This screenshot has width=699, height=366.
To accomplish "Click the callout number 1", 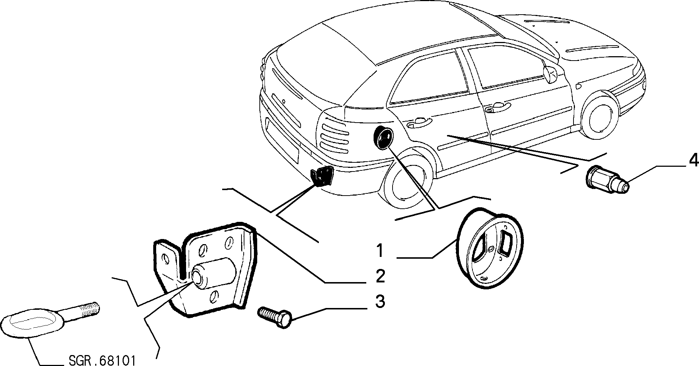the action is coord(380,251).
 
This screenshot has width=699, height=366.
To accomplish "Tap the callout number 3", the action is coord(380,302).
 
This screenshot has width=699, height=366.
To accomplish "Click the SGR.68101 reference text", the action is coord(102,361).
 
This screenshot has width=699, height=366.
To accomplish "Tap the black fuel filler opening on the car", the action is coord(383,138).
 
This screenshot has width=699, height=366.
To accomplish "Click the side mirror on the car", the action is coord(549,73).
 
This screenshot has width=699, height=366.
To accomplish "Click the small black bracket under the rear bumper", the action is coord(322,176).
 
